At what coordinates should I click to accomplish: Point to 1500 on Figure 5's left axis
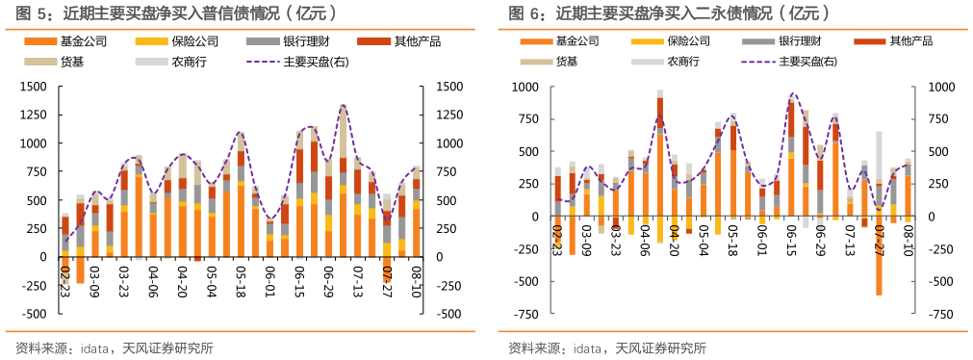point(33,87)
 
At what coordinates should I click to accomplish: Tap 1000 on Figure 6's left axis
point(525,87)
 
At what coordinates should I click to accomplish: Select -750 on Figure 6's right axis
point(940,314)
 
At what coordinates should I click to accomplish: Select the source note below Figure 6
point(607,347)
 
